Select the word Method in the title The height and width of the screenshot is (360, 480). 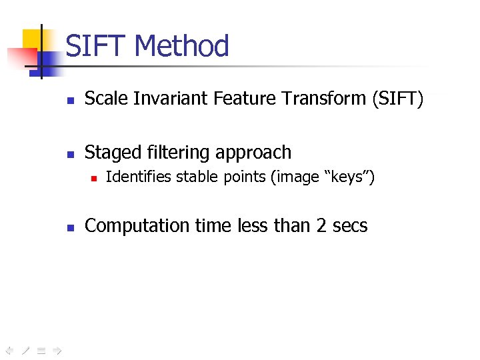[x=181, y=47]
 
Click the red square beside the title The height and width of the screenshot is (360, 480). [x=17, y=57]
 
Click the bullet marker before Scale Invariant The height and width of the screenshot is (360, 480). [x=70, y=101]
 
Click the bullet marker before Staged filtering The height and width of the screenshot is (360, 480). [x=70, y=154]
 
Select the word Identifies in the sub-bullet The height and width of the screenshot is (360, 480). [x=138, y=177]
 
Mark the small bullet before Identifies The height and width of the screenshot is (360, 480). [x=94, y=179]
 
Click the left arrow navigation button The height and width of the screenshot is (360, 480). [x=9, y=349]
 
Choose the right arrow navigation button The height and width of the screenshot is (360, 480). [x=57, y=349]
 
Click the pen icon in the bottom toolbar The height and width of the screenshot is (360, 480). [x=25, y=349]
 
